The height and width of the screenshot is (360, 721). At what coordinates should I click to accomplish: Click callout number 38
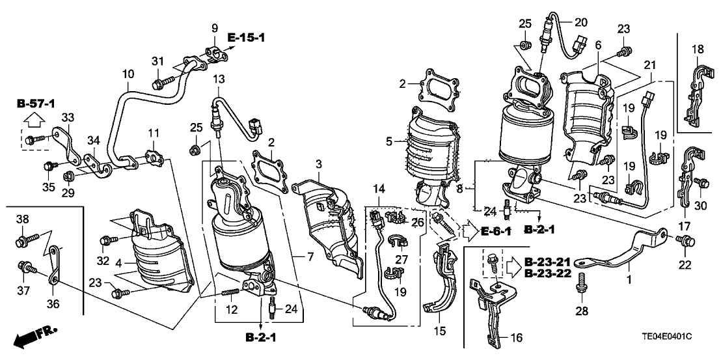[x=23, y=219]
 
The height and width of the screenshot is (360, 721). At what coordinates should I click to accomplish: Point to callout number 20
[x=581, y=21]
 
